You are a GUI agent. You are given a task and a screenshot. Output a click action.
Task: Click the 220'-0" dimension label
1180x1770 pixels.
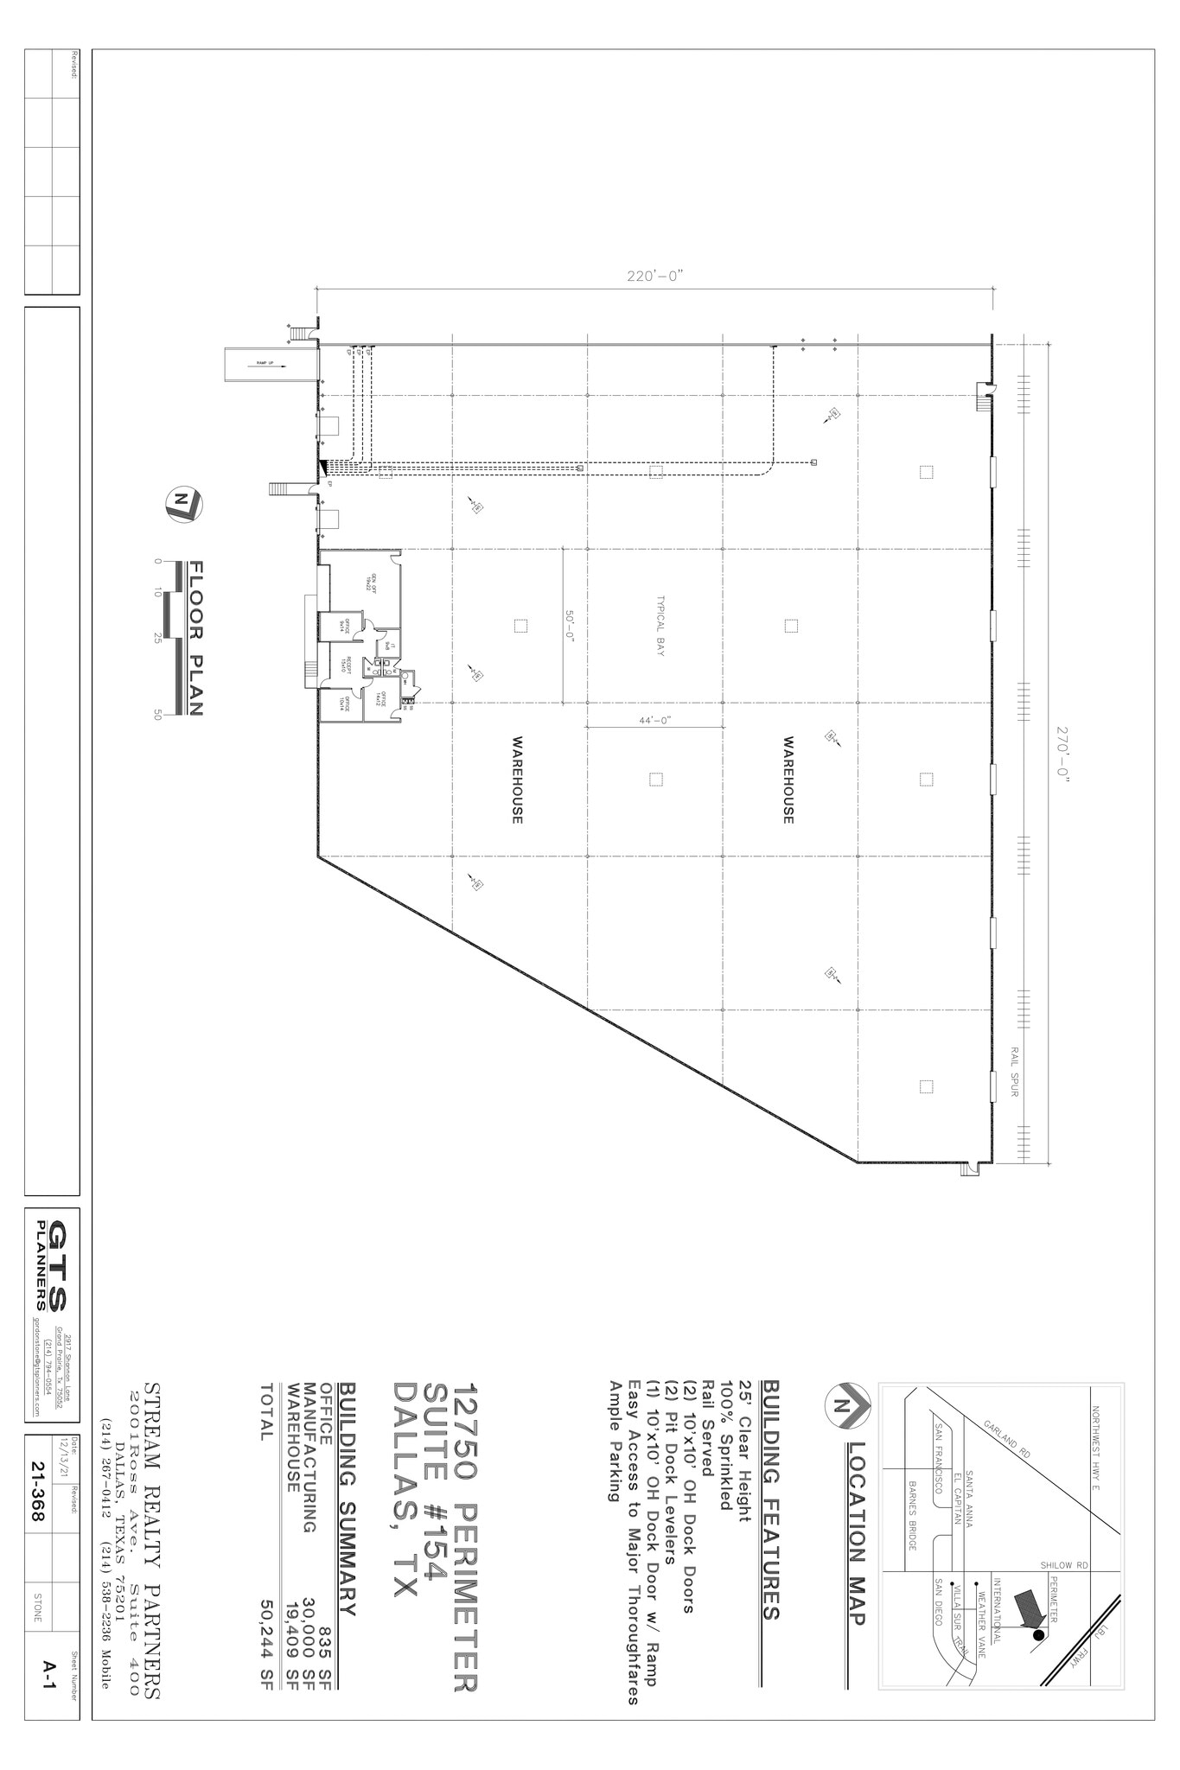tap(654, 277)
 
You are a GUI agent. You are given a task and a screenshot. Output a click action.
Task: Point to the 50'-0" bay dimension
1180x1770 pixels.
tap(571, 624)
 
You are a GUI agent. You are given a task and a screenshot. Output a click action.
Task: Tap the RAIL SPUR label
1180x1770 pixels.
tap(1014, 1072)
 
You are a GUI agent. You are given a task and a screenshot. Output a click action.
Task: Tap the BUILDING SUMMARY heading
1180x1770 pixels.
tap(348, 1516)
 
